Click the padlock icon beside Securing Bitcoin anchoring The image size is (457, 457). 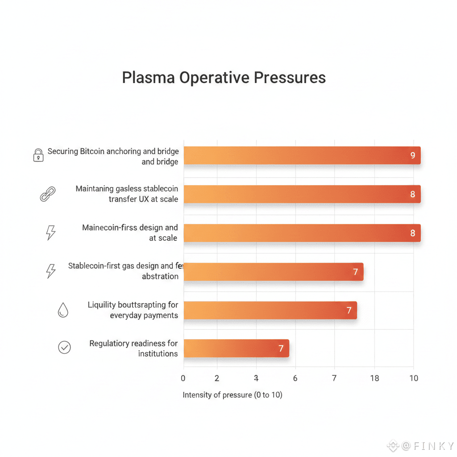pos(38,155)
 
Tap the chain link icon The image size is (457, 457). pos(47,195)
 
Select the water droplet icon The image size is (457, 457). pos(63,311)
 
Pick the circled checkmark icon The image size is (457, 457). pos(65,348)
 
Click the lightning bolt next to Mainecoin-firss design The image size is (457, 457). pos(51,233)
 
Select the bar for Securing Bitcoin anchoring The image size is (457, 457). pos(302,155)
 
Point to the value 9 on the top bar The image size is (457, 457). pos(412,156)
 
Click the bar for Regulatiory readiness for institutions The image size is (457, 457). pos(236,348)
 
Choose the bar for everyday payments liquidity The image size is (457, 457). pos(270,310)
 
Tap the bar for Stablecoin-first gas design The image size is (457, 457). pos(273,272)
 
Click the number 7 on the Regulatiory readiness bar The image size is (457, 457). pos(281,349)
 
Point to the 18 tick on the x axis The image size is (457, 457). pos(374,378)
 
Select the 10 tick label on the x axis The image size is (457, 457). pos(414,378)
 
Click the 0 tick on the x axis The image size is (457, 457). pos(183,378)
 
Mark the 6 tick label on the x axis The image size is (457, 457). pos(295,378)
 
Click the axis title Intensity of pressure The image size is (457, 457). pos(233,395)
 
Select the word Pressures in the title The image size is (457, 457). pos(290,78)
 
